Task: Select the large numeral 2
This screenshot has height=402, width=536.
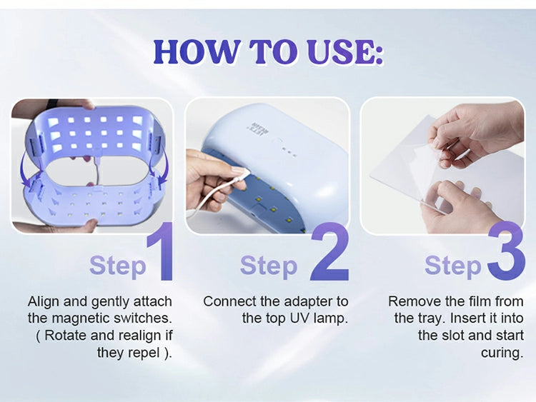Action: click(x=329, y=251)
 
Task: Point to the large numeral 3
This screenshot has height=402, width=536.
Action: click(x=506, y=251)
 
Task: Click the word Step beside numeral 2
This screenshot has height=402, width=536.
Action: click(x=269, y=266)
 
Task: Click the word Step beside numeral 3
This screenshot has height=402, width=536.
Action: click(x=453, y=266)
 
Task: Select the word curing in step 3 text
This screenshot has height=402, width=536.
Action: click(x=500, y=353)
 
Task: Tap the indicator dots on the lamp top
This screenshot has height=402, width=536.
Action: click(x=291, y=153)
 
